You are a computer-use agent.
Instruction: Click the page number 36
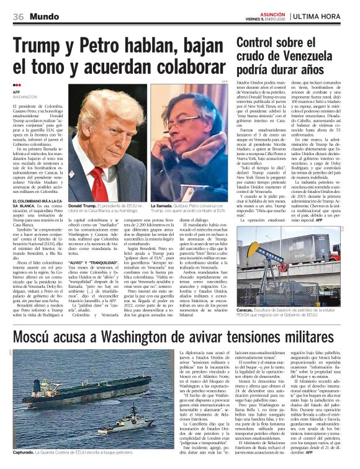18,17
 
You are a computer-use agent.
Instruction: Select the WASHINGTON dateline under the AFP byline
25,97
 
